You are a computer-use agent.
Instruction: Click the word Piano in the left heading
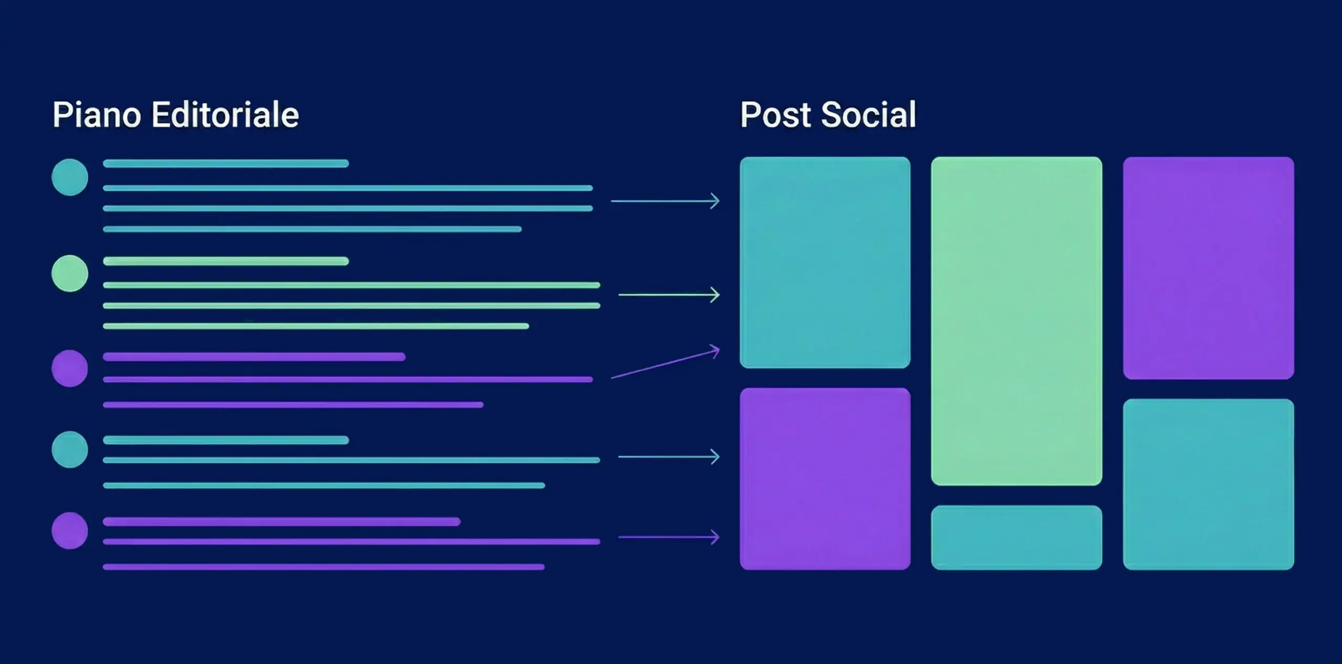tap(97, 115)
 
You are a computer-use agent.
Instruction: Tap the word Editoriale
tap(225, 115)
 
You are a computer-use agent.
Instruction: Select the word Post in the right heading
tap(775, 115)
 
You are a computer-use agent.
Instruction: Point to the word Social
tap(868, 115)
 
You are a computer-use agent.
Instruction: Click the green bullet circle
tap(70, 273)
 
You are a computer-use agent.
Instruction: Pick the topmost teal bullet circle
tap(70, 177)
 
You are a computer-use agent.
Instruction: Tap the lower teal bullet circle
tap(70, 449)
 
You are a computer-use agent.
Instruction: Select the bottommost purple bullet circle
tap(70, 531)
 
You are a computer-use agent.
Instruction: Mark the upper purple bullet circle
tap(70, 368)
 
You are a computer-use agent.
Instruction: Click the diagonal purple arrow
tap(666, 363)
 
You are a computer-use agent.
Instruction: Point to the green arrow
tap(669, 295)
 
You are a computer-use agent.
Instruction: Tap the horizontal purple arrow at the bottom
tap(669, 537)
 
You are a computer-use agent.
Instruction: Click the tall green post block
tap(1016, 321)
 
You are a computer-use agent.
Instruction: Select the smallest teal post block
tap(1016, 538)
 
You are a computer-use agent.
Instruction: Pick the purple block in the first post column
tap(825, 479)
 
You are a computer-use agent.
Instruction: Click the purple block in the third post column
tap(1208, 268)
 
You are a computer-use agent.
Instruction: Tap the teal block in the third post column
tap(1208, 484)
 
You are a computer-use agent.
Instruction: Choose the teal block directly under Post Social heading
tap(825, 262)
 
